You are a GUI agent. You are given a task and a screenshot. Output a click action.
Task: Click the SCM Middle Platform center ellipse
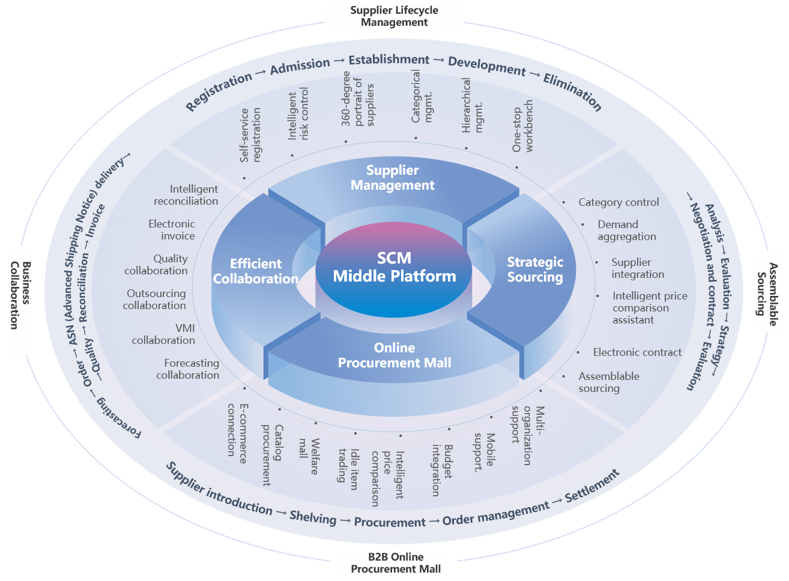coord(394,268)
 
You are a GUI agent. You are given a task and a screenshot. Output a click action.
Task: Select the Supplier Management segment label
coord(393,178)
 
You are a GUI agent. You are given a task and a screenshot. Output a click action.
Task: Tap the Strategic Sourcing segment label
coord(535,269)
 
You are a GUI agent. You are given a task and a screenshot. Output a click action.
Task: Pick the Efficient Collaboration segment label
coord(256,271)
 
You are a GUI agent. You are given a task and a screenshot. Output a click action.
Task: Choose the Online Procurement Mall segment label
coord(394,355)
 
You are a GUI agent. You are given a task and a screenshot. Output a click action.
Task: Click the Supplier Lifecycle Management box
coord(394,16)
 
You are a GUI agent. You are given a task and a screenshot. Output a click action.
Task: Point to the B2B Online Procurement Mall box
coord(395,563)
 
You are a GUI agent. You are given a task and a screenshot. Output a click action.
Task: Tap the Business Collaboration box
coord(22,303)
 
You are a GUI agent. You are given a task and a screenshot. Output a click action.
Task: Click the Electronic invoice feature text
coord(172,230)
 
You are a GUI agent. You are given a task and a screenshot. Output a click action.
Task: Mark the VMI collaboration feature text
coord(164,334)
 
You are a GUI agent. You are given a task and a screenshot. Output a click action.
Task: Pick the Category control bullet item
coord(618,202)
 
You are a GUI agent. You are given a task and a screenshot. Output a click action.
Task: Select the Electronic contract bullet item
coord(637,352)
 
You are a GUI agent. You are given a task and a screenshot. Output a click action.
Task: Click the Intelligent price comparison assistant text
coord(649,308)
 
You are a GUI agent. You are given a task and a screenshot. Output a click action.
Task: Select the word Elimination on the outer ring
coord(572,92)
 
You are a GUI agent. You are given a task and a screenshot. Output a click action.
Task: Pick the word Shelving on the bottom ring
coord(313,517)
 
